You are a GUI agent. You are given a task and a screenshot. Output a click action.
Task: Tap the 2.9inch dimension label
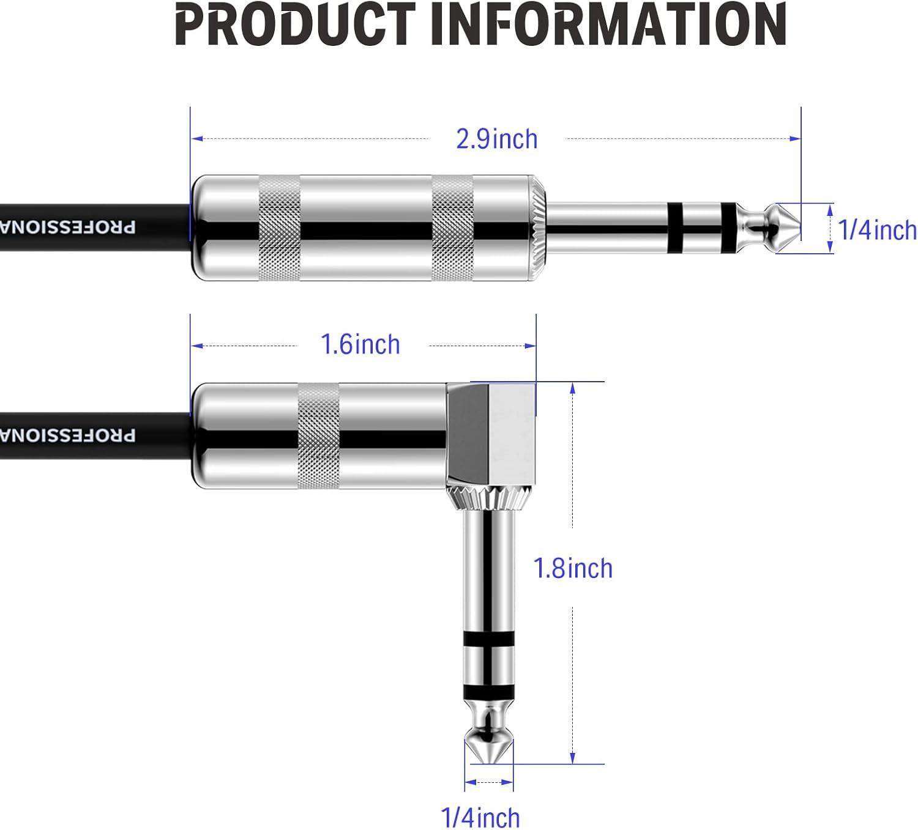[496, 139]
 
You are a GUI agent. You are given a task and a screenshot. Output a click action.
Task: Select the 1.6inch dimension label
[360, 345]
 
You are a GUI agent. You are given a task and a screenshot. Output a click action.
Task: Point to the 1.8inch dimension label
[573, 569]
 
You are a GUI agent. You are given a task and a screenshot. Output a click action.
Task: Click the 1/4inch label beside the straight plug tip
[877, 230]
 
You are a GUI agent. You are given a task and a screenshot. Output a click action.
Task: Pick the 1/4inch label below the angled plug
[480, 818]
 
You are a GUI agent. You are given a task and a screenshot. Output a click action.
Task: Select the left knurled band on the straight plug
[280, 228]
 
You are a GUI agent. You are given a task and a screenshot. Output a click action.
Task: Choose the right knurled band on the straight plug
[452, 228]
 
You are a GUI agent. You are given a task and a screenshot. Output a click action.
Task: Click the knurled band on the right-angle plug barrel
[318, 435]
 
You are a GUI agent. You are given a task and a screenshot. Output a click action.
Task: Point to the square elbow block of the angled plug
[491, 431]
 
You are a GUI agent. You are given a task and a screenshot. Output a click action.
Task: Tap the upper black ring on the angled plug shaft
[488, 639]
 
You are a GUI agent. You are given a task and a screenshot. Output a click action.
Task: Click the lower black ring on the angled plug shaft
[488, 692]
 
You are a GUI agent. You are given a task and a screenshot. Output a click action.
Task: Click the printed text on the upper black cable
[67, 228]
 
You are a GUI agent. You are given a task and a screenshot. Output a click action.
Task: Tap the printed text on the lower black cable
[67, 435]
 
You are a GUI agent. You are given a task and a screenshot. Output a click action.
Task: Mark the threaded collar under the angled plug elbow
[488, 498]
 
